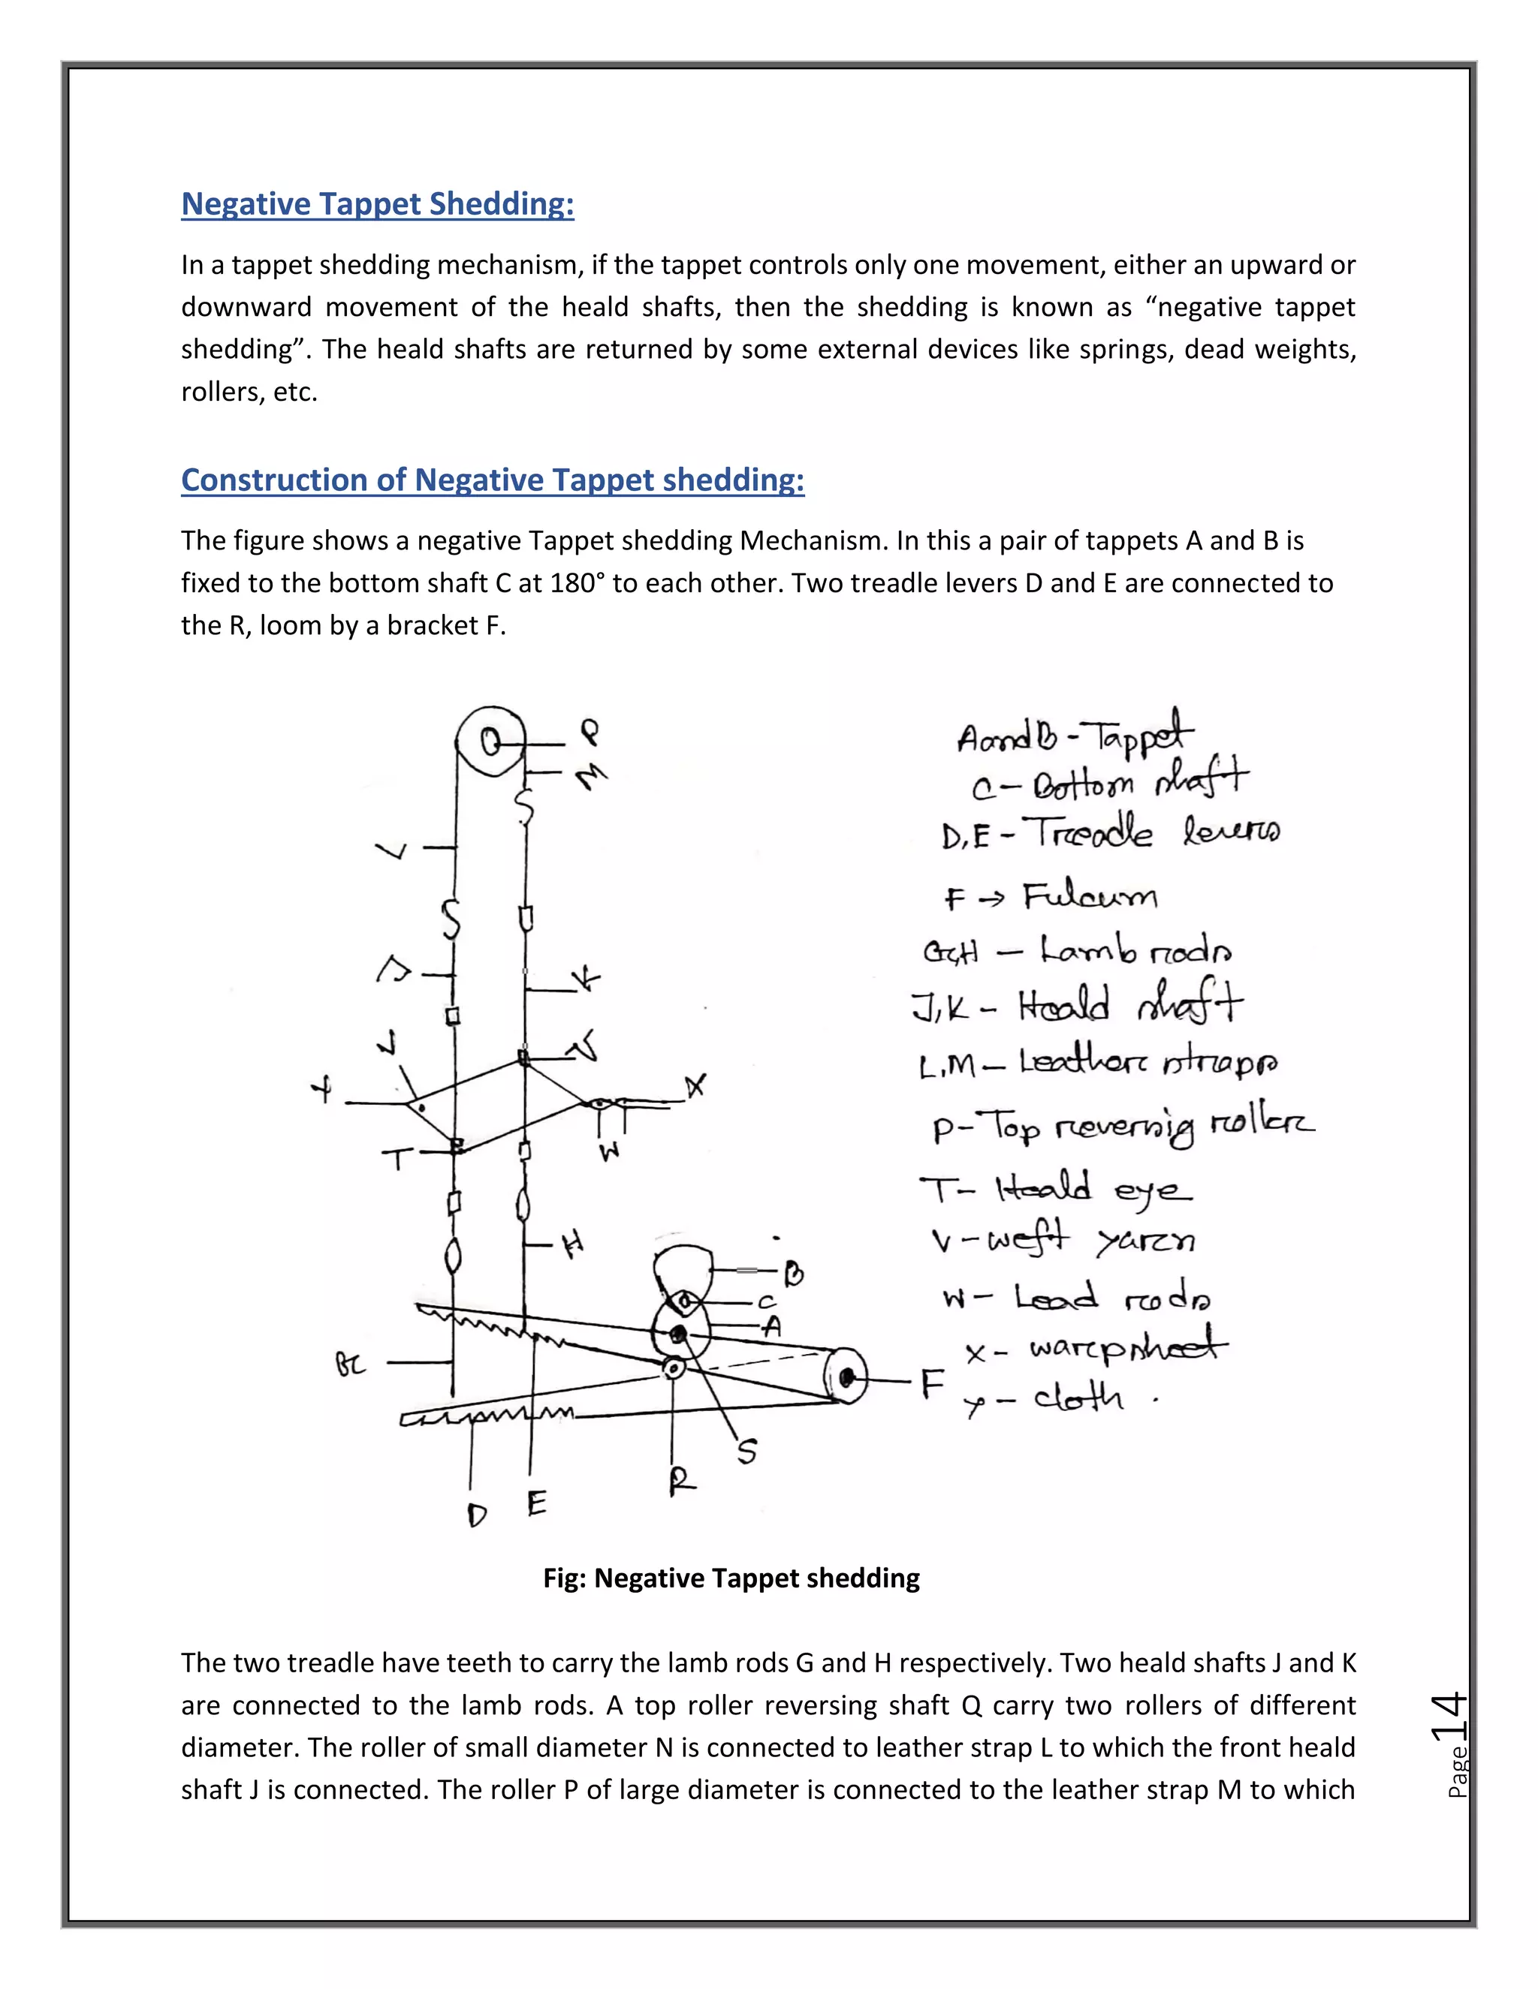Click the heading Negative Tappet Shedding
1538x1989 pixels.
[377, 203]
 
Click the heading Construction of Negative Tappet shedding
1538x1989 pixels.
[492, 479]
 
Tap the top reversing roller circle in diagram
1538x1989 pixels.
[490, 742]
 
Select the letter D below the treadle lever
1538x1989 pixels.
[477, 1515]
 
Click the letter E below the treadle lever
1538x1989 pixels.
[537, 1502]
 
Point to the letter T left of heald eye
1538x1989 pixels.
[397, 1160]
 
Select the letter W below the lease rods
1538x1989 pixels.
[610, 1151]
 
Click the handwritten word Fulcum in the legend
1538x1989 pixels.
[1089, 897]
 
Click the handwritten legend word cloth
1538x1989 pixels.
[1078, 1397]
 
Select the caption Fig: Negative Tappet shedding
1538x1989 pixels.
[731, 1578]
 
